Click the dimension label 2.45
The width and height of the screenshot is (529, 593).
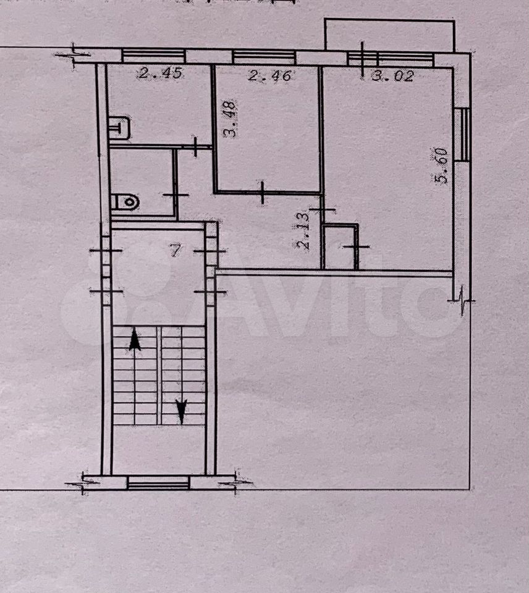click(161, 73)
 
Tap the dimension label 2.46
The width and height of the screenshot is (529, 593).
click(270, 75)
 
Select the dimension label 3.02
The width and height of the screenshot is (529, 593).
click(393, 75)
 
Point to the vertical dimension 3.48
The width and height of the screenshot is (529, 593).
click(230, 119)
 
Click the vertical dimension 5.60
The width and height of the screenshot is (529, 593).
click(441, 166)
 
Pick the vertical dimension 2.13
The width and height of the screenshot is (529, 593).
click(303, 230)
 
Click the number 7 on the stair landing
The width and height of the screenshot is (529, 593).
click(175, 250)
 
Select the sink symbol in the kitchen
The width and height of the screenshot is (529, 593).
click(119, 127)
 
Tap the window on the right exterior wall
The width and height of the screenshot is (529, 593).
click(462, 134)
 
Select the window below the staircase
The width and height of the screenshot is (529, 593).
click(158, 482)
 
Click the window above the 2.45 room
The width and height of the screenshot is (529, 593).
click(153, 56)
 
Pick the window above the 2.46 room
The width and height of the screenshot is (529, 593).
click(264, 57)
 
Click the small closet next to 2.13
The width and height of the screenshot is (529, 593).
click(340, 246)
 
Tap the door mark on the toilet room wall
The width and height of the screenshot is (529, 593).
click(176, 195)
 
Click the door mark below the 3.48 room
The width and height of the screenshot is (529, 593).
click(263, 193)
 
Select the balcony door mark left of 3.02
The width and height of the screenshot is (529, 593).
click(363, 60)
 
